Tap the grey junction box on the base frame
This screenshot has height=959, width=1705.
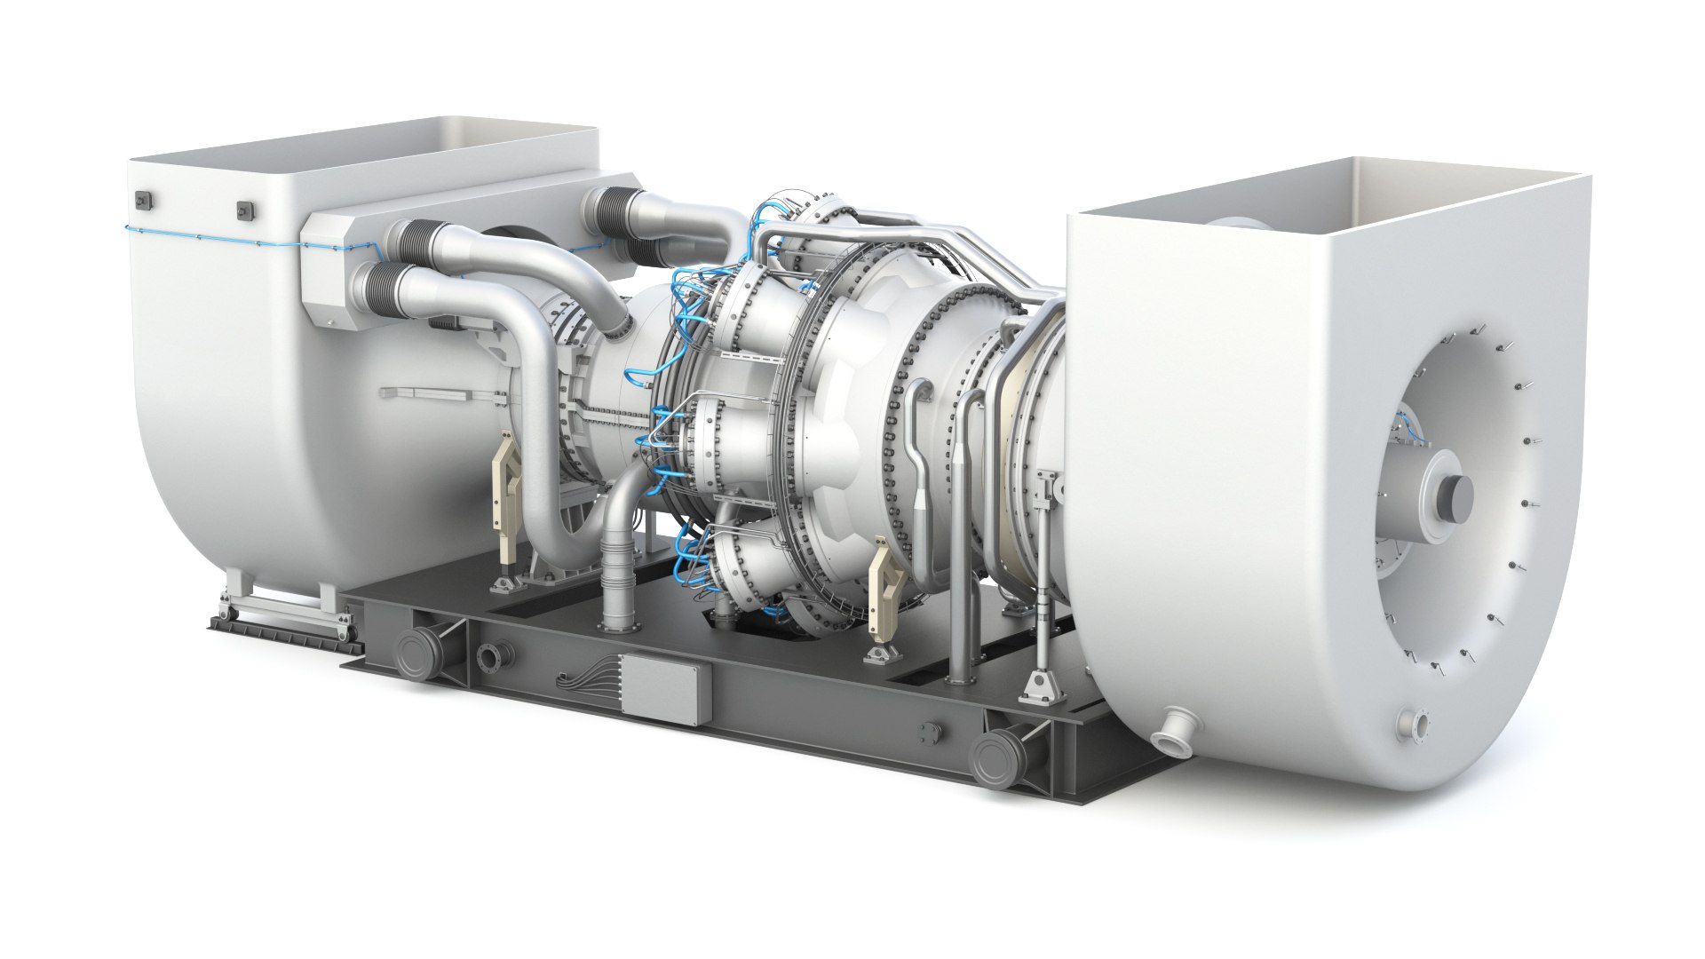(x=666, y=686)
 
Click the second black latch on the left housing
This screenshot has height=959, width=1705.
(x=243, y=210)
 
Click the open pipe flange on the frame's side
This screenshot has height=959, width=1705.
(x=488, y=658)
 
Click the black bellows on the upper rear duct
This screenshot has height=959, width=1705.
(x=616, y=211)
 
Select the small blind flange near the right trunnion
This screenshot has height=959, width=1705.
(x=931, y=733)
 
